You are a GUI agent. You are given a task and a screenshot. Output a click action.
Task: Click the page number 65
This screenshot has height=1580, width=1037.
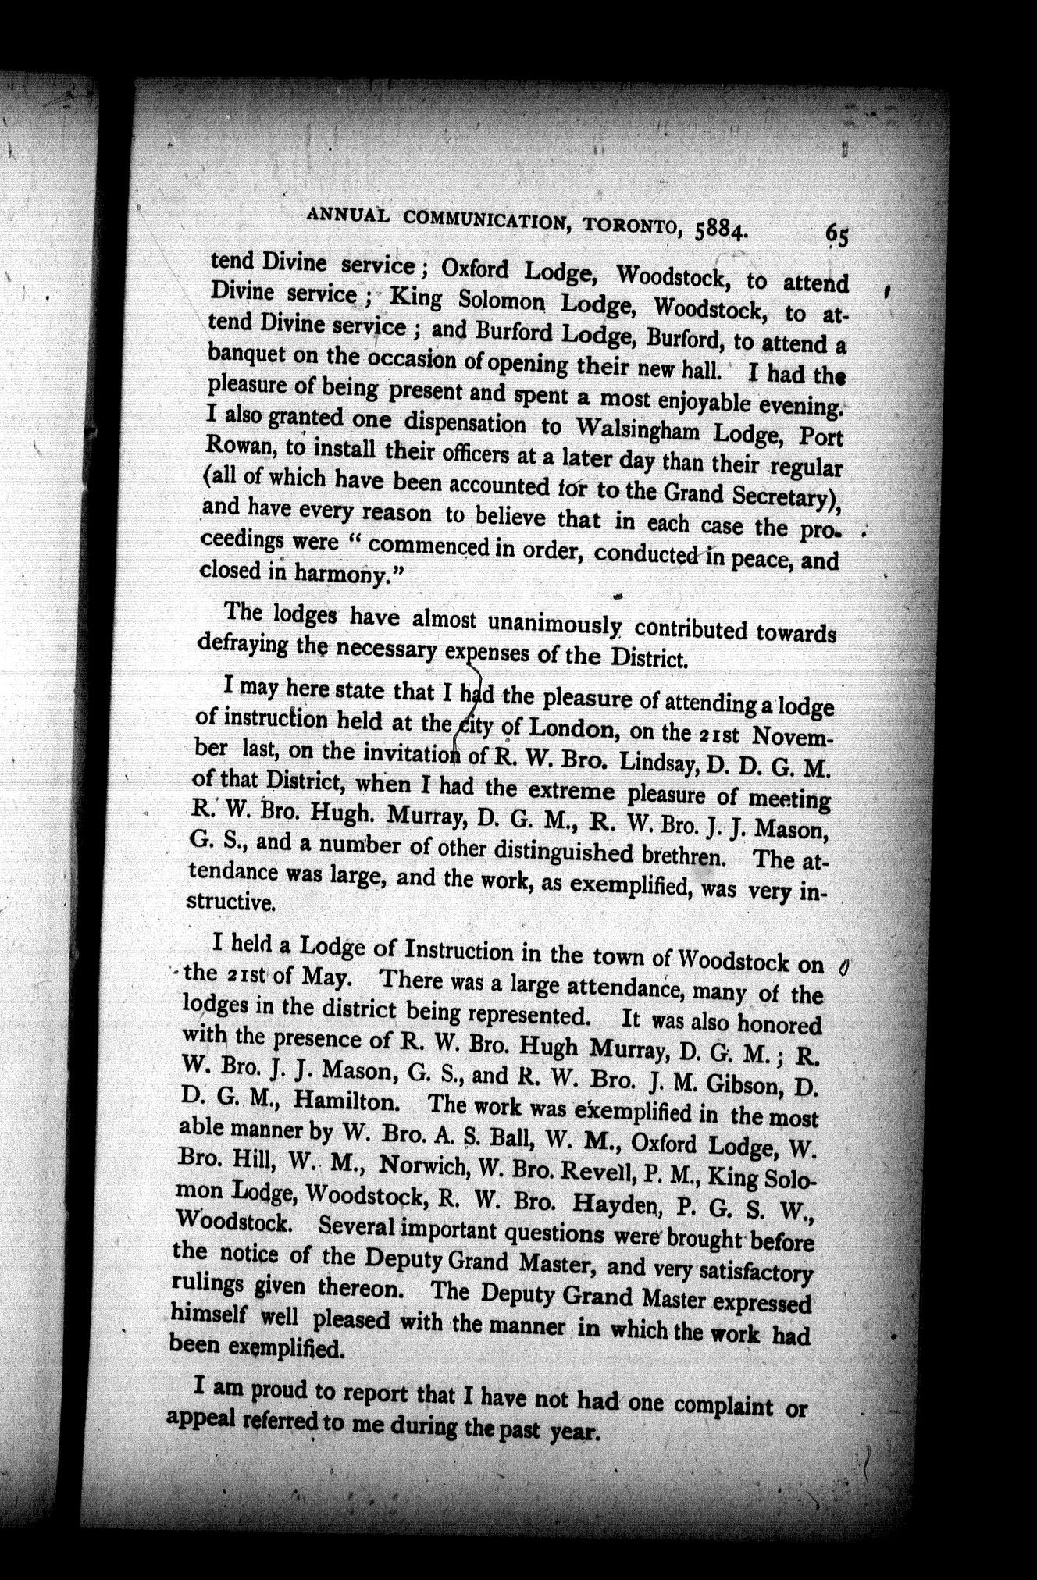pos(837,235)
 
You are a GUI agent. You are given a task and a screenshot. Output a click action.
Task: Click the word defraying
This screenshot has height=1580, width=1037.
pos(243,643)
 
